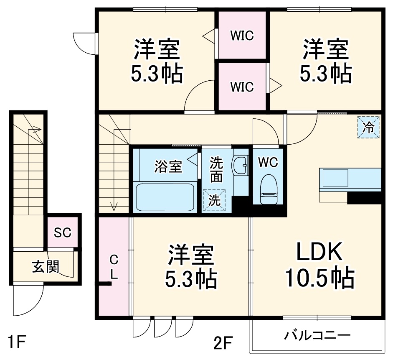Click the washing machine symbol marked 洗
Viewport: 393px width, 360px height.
click(x=214, y=200)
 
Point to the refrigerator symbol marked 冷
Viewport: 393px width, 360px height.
click(x=368, y=127)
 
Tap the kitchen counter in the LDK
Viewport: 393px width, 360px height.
click(x=350, y=179)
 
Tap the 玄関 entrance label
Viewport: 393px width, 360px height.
click(x=45, y=266)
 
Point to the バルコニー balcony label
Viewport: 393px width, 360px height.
click(x=317, y=335)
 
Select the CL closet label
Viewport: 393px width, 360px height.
click(x=114, y=268)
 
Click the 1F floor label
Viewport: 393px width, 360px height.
click(x=17, y=343)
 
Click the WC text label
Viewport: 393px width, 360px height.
click(x=268, y=162)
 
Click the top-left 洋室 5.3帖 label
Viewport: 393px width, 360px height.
click(x=157, y=61)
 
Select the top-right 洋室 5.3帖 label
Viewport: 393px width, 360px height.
click(x=325, y=61)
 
